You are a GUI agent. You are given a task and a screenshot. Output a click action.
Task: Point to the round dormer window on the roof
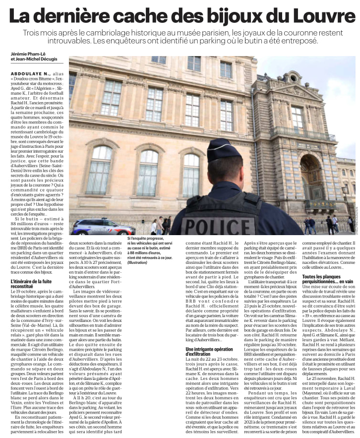point(292,78)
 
